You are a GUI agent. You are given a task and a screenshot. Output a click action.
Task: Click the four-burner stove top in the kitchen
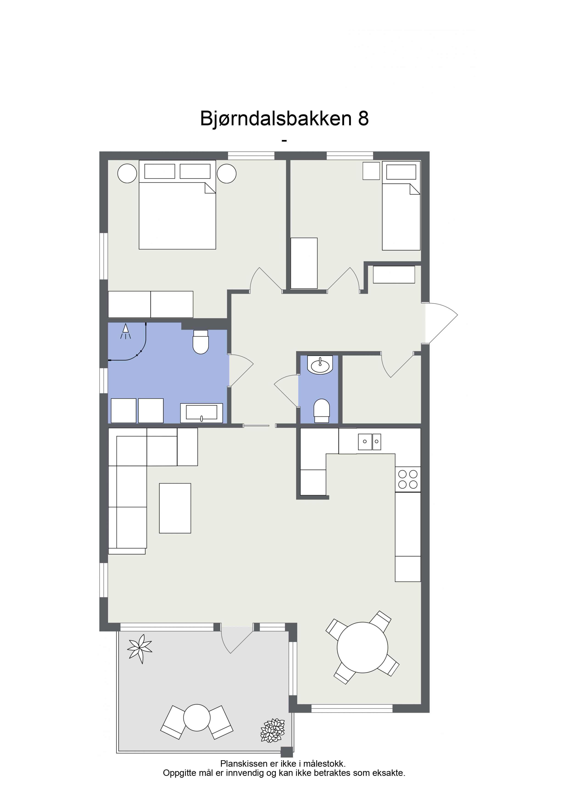408,479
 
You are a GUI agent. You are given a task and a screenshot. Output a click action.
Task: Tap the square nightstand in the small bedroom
371,171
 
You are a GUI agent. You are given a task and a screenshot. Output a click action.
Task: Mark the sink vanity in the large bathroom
202,413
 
